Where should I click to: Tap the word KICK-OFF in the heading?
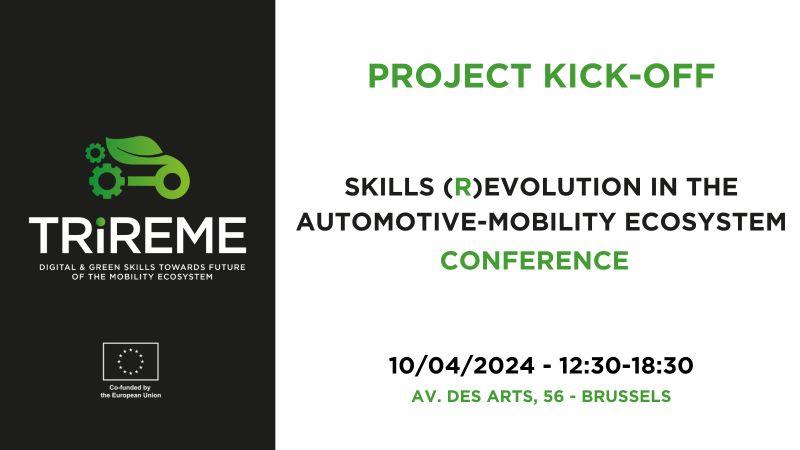[x=629, y=76]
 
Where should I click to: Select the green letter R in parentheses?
[x=463, y=187]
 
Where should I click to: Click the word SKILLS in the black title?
[x=389, y=187]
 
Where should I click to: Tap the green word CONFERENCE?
[x=535, y=260]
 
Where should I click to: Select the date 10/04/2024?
[x=462, y=365]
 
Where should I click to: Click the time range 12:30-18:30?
[x=626, y=365]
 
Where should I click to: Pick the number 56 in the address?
[x=554, y=396]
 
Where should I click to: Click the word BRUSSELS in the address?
[x=626, y=396]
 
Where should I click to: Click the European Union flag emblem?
[x=131, y=361]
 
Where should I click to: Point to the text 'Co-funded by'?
[x=130, y=388]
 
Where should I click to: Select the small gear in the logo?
[x=95, y=153]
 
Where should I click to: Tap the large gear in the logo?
[x=107, y=180]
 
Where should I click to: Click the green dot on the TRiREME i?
[x=101, y=222]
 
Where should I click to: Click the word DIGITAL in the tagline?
[x=56, y=267]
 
